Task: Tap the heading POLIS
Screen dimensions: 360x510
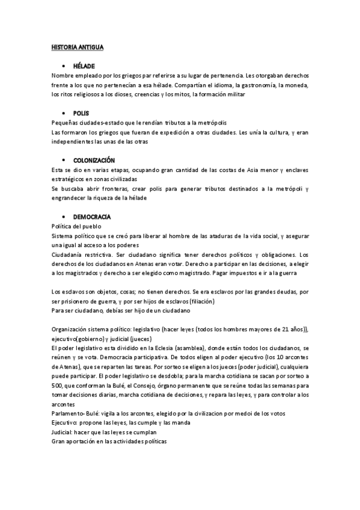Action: [81, 113]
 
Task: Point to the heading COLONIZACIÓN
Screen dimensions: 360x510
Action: [94, 161]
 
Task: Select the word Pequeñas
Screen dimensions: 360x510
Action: [66, 123]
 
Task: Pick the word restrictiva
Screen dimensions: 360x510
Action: [110, 254]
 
